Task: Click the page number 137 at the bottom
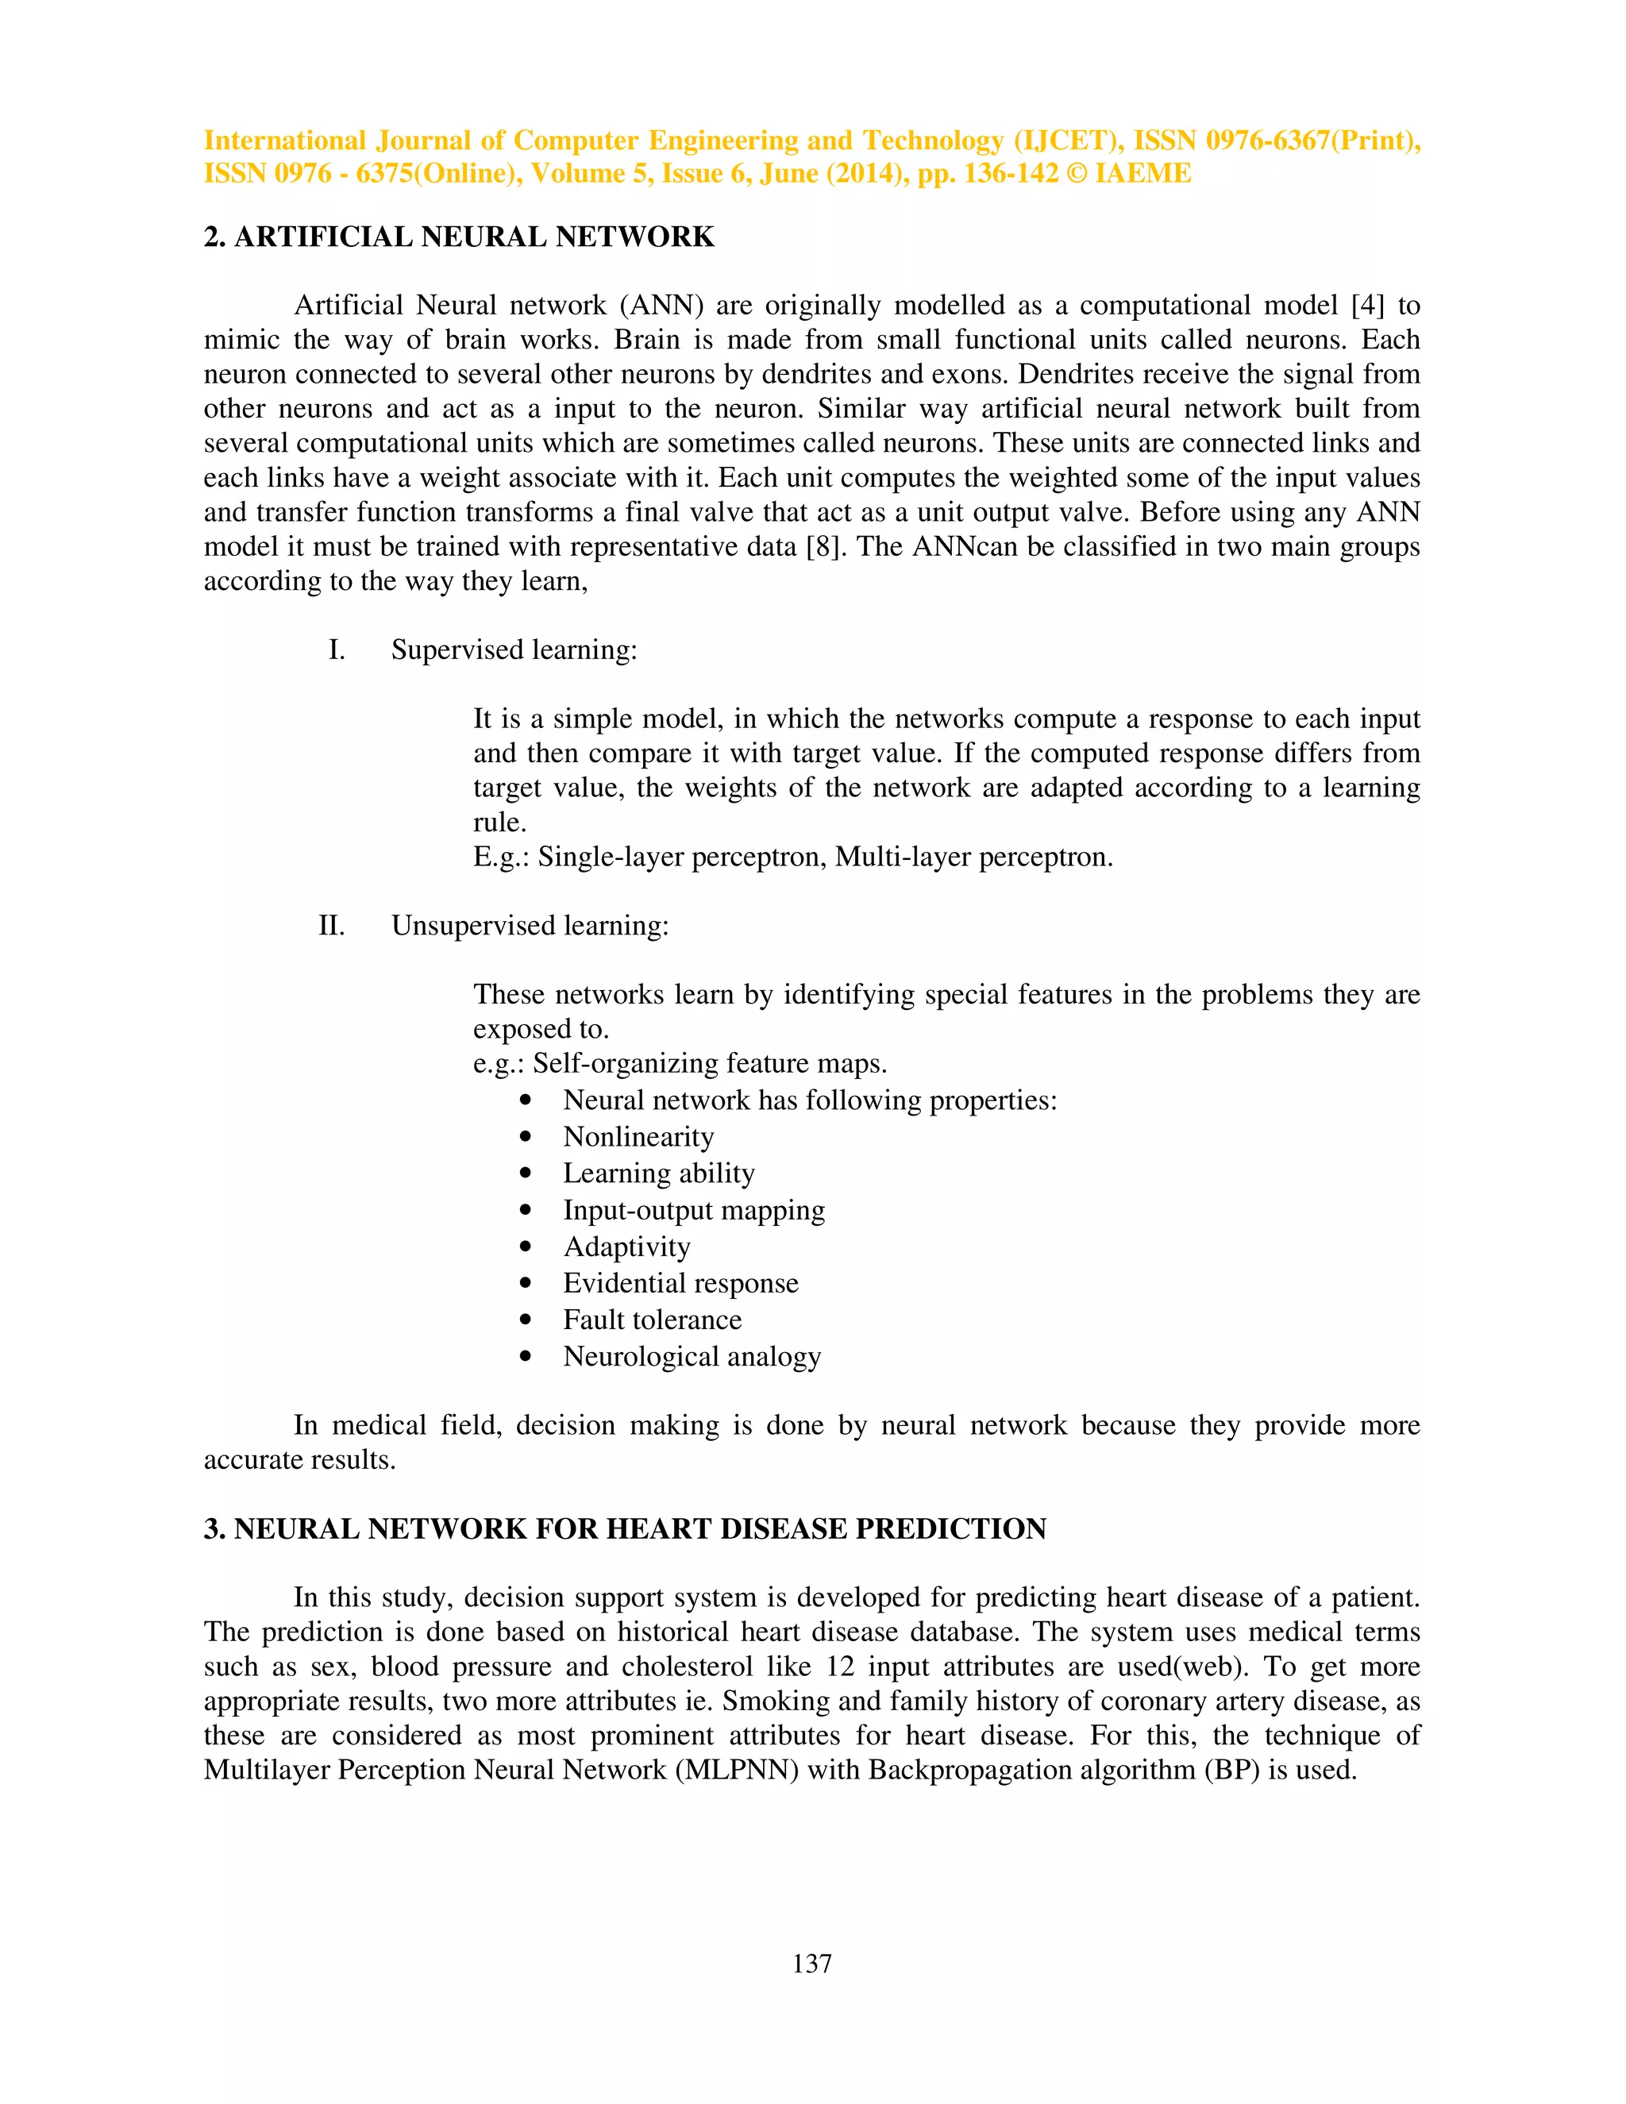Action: pos(811,1963)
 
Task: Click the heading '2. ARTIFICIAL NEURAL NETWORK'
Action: pos(459,237)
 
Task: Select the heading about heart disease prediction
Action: pos(624,1529)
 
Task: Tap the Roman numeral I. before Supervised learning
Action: pos(336,650)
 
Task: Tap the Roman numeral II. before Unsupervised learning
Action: pos(331,926)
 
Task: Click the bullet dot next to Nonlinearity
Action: pos(525,1138)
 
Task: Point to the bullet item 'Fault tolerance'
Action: pos(652,1320)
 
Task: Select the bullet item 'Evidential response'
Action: pos(680,1283)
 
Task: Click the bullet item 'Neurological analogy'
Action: pos(692,1356)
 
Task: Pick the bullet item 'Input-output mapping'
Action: pos(694,1210)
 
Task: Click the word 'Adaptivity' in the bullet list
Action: pos(626,1247)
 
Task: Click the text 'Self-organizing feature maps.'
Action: pos(709,1064)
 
